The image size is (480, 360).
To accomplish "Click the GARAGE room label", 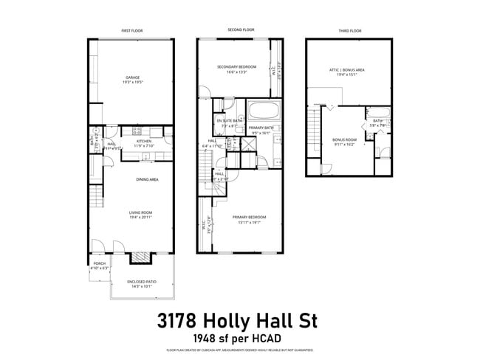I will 133,79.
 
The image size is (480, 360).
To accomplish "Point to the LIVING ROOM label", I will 134,214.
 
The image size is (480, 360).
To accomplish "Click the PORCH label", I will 99,265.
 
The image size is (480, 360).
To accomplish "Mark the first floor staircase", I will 95,198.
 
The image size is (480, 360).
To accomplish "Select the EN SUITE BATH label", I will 225,122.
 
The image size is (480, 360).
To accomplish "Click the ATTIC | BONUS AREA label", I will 347,72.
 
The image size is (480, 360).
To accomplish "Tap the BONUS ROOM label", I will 345,141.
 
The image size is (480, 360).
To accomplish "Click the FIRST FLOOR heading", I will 133,31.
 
